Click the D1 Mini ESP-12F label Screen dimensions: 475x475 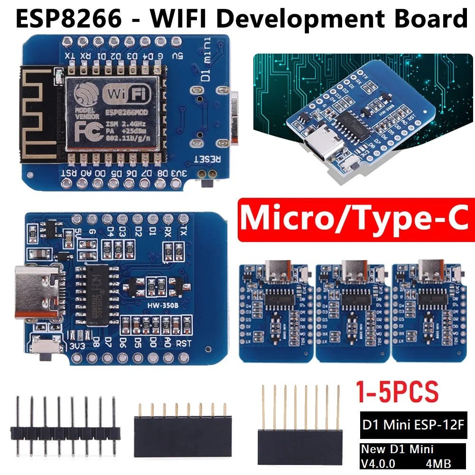413,424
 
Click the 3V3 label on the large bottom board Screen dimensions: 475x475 78,346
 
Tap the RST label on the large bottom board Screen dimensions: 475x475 183,343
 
